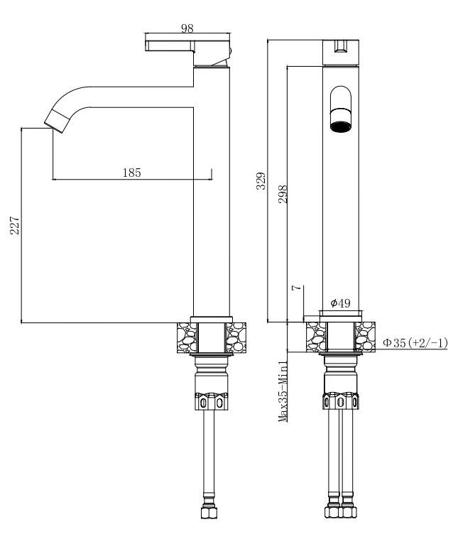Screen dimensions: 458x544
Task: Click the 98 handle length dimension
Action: [187, 28]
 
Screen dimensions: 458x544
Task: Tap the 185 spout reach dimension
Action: [132, 173]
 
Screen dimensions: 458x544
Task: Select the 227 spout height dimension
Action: [15, 226]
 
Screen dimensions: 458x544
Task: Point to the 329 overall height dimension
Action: [261, 181]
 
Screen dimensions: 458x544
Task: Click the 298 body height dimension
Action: [283, 195]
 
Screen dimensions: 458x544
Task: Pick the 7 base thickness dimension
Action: [296, 288]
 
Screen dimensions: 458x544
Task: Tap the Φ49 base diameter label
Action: [340, 303]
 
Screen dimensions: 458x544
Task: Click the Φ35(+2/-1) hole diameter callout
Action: [415, 343]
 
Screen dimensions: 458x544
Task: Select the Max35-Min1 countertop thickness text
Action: [283, 391]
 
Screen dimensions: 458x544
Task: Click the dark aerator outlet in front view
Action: [340, 126]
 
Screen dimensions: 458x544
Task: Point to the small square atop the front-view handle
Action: [341, 46]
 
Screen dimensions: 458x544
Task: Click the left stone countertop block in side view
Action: [187, 337]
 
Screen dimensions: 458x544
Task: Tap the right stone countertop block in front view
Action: [365, 337]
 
